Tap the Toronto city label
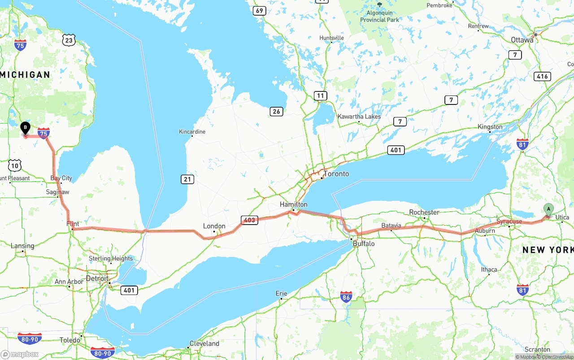tap(336, 174)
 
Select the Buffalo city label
tap(363, 244)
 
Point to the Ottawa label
tap(522, 40)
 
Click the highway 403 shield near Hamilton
tap(249, 220)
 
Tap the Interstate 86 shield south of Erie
tap(346, 297)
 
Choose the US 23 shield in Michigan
tap(69, 40)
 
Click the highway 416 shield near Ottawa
tap(542, 76)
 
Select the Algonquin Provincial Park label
tap(379, 17)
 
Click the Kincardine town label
tap(192, 132)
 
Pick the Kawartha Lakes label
tap(359, 117)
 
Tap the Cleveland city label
tap(204, 344)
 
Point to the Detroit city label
tap(97, 278)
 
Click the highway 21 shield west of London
tap(187, 179)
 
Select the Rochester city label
tap(424, 212)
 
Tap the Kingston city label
tap(490, 127)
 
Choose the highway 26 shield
tap(276, 111)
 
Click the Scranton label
tap(537, 349)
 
